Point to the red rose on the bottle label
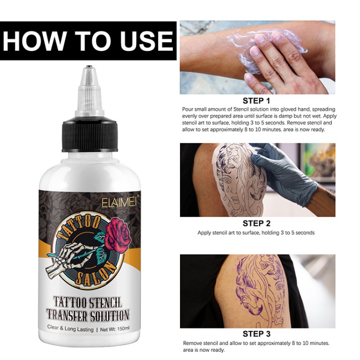coord(120,230)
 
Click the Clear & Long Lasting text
coord(70,329)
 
